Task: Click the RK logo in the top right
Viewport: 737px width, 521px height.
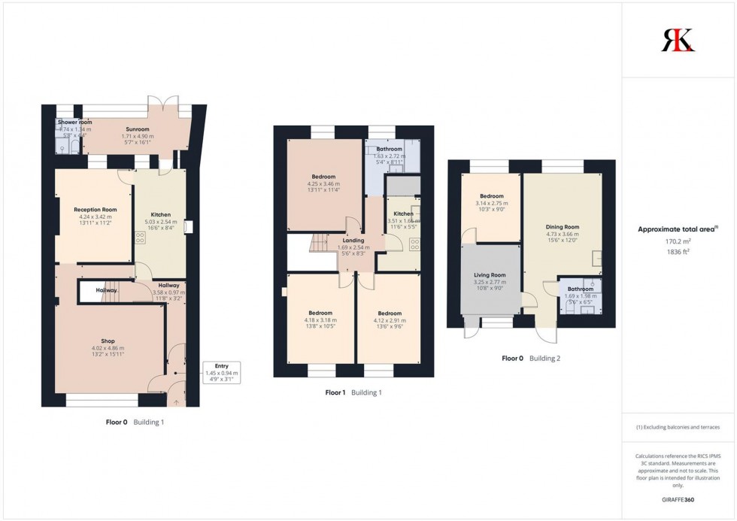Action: tap(678, 39)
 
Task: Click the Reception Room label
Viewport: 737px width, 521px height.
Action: tap(95, 210)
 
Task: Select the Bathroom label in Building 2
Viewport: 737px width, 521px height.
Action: tap(580, 289)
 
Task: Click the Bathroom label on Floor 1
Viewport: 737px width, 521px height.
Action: tap(389, 149)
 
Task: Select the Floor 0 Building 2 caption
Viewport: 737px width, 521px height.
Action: tap(531, 359)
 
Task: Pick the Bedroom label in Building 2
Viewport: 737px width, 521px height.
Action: tap(491, 196)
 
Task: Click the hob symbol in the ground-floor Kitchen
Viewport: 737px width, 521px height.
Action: tap(140, 237)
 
